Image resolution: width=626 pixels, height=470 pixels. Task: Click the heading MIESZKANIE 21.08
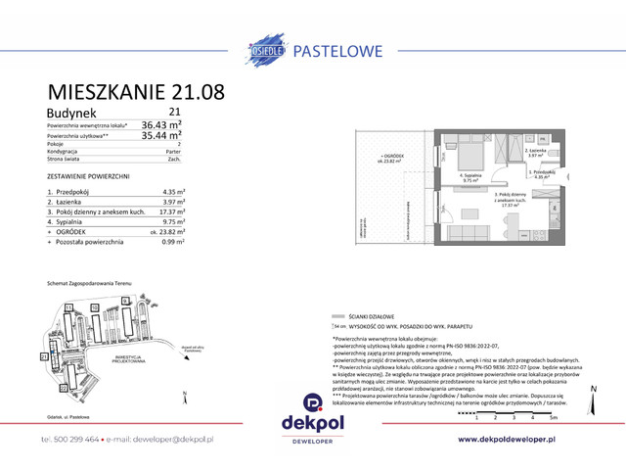coord(136,93)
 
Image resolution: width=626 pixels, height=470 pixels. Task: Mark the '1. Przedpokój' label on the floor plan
coord(542,171)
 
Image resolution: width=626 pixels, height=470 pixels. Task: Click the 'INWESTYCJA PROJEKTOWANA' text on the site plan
coord(127,358)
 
